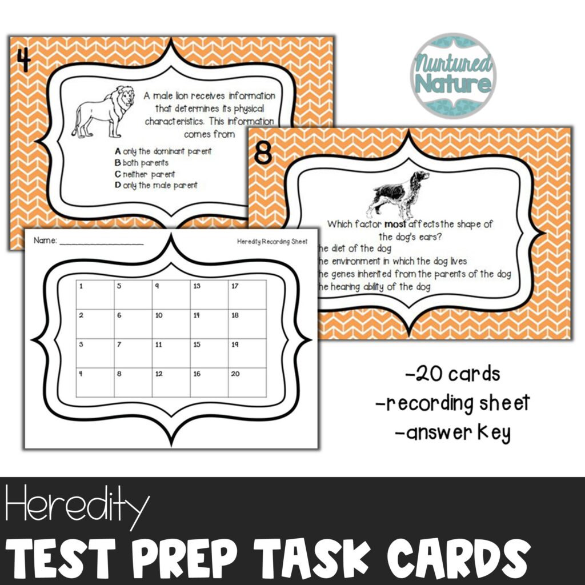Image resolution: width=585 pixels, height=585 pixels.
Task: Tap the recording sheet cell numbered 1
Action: click(95, 295)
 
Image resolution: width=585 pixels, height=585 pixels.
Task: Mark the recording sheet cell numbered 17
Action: click(247, 295)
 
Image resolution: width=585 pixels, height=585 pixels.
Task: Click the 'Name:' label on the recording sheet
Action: click(45, 241)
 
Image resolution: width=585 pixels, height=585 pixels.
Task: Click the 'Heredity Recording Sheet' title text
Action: click(272, 241)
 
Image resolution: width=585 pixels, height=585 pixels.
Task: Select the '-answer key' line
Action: click(452, 433)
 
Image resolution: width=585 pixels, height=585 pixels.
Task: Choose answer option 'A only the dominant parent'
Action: click(163, 151)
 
